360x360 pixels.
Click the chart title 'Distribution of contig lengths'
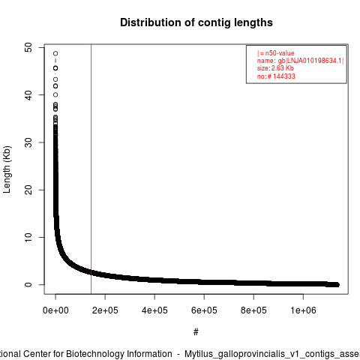point(196,22)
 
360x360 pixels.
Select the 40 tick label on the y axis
point(28,94)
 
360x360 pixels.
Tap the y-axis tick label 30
point(28,142)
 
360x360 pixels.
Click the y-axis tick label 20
point(28,190)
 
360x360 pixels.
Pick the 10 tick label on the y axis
point(28,237)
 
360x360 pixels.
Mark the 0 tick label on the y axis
point(28,284)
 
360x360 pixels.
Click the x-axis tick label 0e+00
point(55,310)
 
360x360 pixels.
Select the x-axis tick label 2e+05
point(105,310)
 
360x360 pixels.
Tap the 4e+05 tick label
point(154,310)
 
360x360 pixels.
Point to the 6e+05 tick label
point(204,310)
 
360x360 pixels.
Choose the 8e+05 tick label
point(253,310)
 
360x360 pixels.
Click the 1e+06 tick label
point(303,310)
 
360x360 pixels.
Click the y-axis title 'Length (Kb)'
point(7,169)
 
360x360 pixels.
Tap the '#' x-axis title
point(196,332)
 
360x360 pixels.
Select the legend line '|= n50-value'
point(276,53)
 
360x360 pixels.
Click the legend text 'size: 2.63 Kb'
point(275,68)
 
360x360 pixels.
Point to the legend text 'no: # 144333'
point(276,76)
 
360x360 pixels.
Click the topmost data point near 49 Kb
point(55,53)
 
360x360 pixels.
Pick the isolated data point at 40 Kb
point(55,94)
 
